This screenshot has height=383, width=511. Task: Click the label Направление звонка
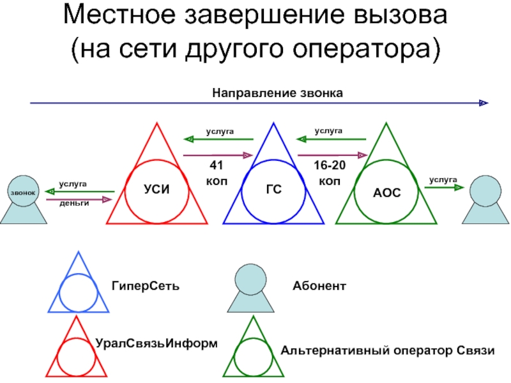pos(278,93)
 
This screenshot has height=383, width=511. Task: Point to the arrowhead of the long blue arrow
pos(484,103)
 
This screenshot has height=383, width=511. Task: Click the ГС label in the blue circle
pos(274,190)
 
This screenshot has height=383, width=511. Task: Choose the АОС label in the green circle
pos(387,191)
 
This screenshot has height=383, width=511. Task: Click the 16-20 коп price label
pos(330,173)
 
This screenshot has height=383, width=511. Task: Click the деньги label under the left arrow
pos(74,202)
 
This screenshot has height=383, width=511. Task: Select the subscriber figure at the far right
pos(489,199)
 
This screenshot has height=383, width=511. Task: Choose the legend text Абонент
pos(319,285)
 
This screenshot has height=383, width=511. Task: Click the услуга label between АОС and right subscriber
pos(443,181)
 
